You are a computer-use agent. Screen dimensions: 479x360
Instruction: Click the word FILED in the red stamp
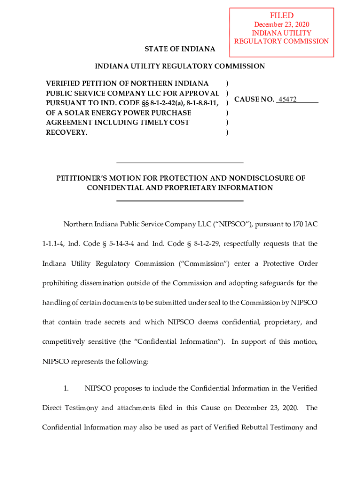click(281, 15)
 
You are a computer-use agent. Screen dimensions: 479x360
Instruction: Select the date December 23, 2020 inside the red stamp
click(281, 24)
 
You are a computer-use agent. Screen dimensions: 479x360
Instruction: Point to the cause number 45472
click(287, 99)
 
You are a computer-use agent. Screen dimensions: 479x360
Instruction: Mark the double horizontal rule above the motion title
click(180, 163)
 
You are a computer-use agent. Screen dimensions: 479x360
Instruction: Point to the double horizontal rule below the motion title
click(180, 201)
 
